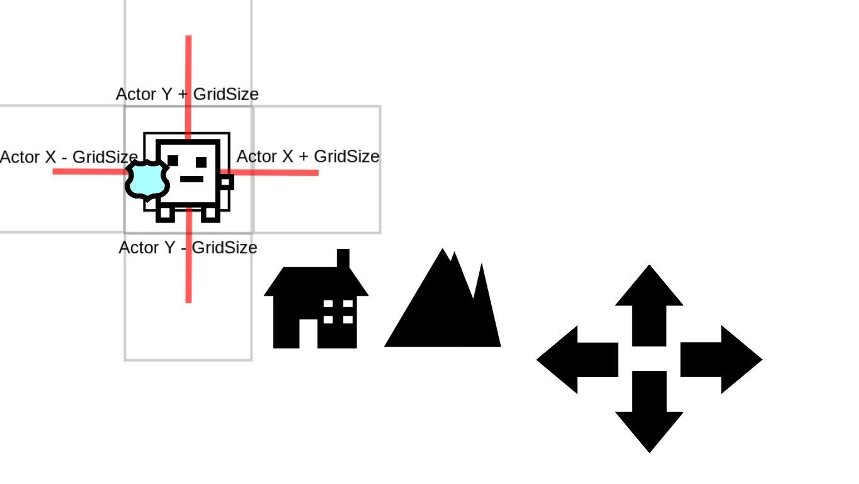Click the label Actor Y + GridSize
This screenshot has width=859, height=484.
pos(187,95)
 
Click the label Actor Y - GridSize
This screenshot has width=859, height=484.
pos(188,248)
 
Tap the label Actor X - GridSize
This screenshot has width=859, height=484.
pos(69,157)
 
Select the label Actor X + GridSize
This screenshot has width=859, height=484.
pos(307,156)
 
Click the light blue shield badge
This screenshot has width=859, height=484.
pos(148,180)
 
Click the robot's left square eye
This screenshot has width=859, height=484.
pos(173,161)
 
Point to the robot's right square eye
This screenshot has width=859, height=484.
pos(202,162)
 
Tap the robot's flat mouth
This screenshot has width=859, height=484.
pos(191,179)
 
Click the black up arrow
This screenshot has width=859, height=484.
pos(649,303)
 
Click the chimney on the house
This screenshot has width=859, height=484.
pos(343,258)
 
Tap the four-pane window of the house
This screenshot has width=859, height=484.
pos(338,312)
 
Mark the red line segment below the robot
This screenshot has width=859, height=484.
pos(188,277)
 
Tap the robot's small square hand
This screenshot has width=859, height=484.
pos(227,183)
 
